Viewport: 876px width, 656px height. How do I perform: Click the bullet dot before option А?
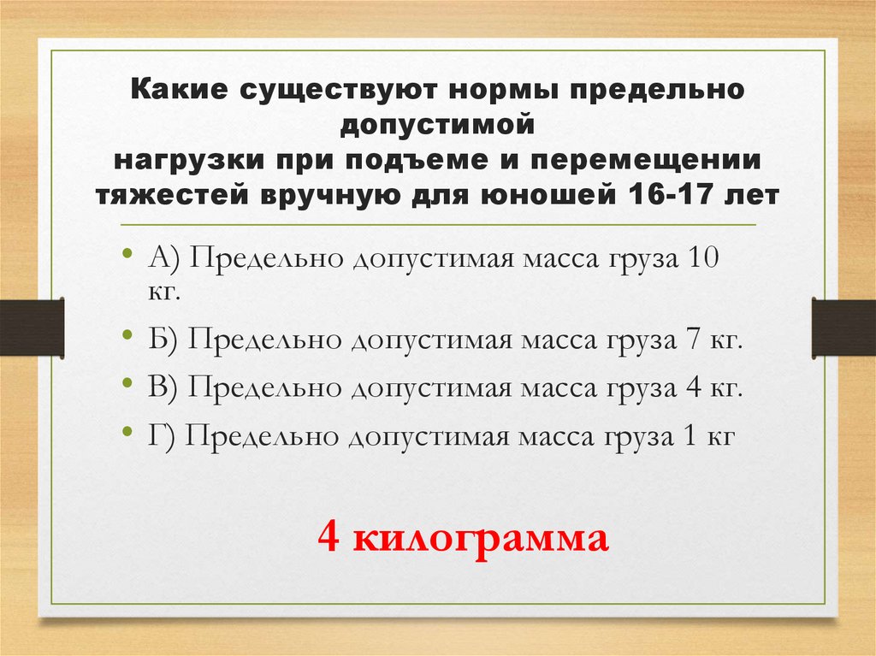127,255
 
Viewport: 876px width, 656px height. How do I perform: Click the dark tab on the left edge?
32,327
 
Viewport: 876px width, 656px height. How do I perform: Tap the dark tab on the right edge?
843,327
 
